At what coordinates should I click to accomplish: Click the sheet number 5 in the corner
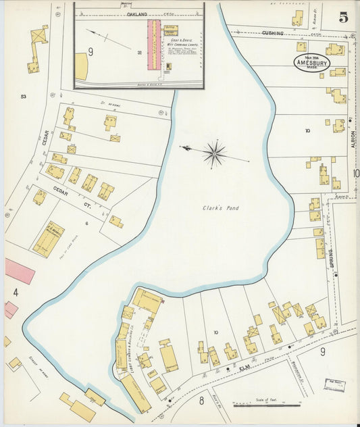(x=344, y=18)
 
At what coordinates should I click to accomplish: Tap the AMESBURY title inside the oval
(x=312, y=64)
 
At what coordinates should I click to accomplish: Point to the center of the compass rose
(x=214, y=153)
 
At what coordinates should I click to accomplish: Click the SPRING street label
(x=332, y=258)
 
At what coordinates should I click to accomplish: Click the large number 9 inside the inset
(x=91, y=51)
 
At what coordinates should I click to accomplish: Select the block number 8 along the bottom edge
(x=201, y=400)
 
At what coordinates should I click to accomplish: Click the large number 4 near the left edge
(x=15, y=293)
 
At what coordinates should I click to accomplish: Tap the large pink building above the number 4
(x=20, y=270)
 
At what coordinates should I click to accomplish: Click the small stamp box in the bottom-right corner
(x=333, y=384)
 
